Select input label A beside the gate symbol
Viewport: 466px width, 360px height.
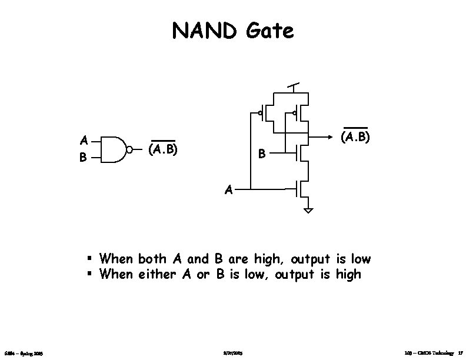(84, 141)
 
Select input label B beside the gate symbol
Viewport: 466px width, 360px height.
(84, 158)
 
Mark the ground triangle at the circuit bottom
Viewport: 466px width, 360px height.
(309, 209)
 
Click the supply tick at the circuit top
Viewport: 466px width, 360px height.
(294, 85)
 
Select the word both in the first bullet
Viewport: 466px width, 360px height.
(153, 259)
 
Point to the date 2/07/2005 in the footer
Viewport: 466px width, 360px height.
(233, 354)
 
